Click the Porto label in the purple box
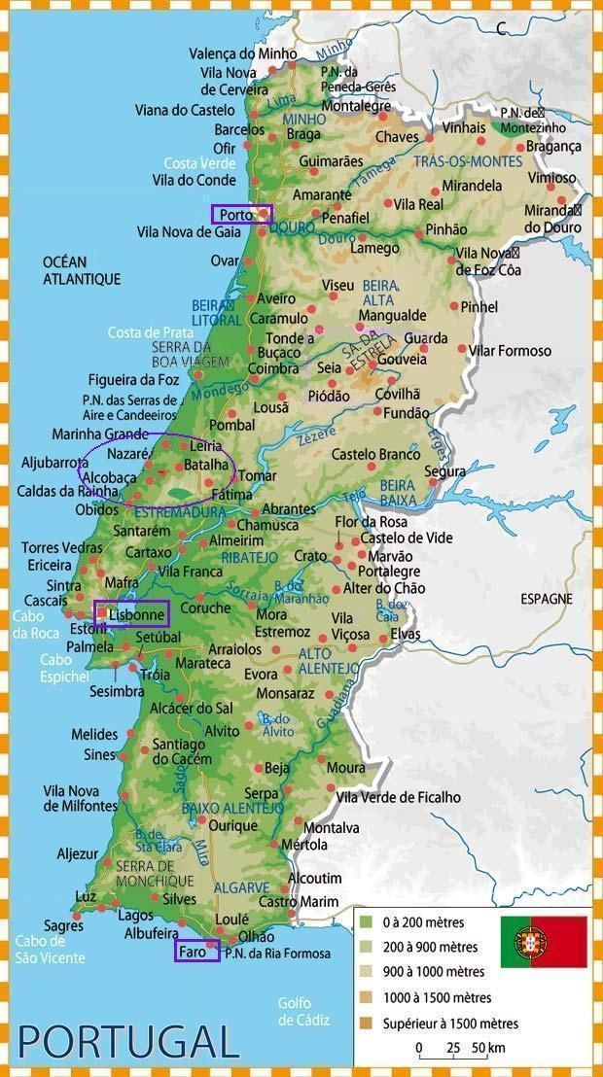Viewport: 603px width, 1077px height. point(236,215)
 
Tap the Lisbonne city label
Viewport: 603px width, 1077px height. point(136,615)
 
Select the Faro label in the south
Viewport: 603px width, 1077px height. point(194,952)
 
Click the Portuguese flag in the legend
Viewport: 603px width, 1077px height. point(544,941)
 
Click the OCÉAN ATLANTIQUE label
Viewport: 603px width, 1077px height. point(82,270)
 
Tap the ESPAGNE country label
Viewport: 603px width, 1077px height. point(546,599)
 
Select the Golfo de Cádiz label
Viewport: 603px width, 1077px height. point(303,1011)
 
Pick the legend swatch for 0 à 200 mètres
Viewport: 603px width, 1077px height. point(366,921)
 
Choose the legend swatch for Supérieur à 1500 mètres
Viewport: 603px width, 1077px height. point(366,1023)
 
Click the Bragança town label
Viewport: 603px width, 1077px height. point(553,146)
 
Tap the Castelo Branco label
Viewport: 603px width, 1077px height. point(375,454)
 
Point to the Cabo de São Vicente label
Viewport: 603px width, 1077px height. point(50,949)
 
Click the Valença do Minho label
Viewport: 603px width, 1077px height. point(242,53)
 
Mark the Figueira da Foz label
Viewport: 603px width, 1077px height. point(133,379)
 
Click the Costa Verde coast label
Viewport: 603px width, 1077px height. point(199,162)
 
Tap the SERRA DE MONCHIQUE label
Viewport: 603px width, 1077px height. point(147,873)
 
